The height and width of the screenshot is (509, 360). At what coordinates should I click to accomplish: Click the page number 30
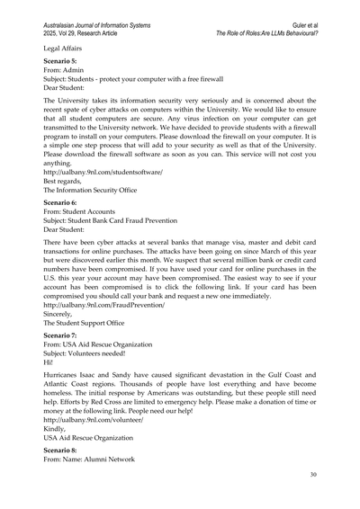click(312, 474)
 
